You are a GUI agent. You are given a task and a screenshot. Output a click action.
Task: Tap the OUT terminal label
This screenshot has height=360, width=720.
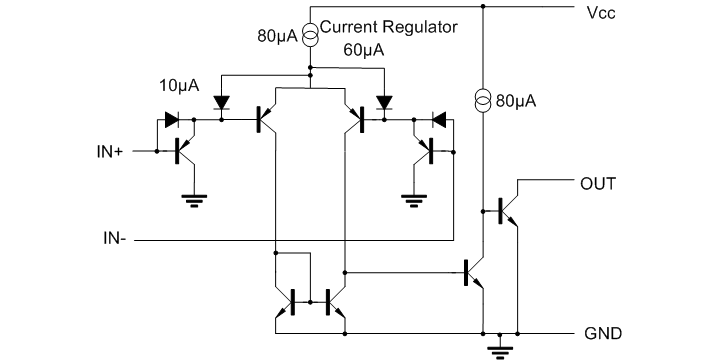point(597,185)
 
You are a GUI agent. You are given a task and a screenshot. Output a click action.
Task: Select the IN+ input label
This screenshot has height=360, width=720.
point(112,152)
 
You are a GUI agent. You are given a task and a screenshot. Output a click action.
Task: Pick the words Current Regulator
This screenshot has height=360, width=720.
point(388,28)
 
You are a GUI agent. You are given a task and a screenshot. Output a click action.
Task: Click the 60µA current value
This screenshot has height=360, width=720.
point(364,49)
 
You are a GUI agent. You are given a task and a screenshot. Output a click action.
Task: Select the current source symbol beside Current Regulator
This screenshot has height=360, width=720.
point(310,35)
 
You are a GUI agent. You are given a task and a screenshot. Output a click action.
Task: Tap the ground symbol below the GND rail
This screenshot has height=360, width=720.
point(494,348)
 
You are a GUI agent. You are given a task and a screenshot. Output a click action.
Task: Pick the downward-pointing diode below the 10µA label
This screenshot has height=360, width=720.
point(221,102)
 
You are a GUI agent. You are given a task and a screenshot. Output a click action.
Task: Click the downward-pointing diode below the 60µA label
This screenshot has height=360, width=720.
point(383,102)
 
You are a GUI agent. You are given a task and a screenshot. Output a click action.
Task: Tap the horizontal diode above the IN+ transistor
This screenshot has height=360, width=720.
point(172,119)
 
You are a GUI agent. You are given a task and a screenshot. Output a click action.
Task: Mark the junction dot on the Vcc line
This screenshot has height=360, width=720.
point(483,8)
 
